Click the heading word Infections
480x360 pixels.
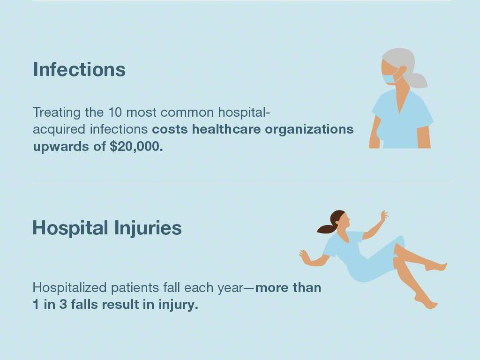(x=79, y=69)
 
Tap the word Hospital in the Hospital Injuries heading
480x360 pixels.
(x=70, y=229)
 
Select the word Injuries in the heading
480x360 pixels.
(x=148, y=229)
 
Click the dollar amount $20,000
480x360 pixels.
(x=136, y=147)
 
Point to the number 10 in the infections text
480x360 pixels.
(x=115, y=112)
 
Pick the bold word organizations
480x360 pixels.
(x=309, y=130)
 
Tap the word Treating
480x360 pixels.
(x=57, y=112)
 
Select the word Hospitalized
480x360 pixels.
(x=69, y=288)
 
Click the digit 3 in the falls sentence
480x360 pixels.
(x=63, y=305)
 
